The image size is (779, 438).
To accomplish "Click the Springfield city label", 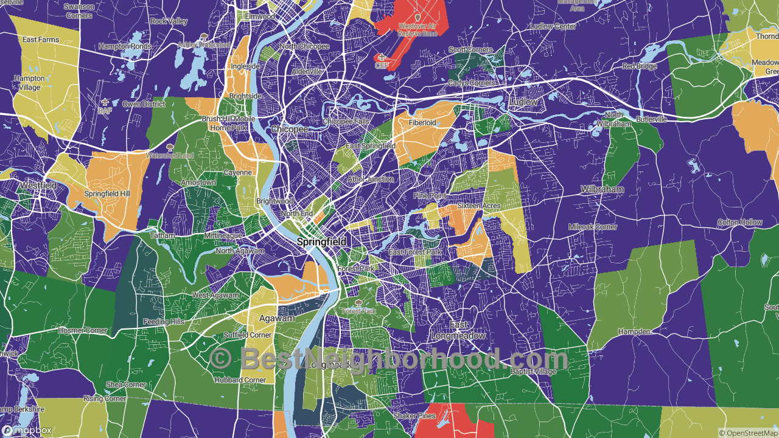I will [x=322, y=242].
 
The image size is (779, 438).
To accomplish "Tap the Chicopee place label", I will [x=290, y=130].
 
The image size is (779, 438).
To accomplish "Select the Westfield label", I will [x=38, y=185].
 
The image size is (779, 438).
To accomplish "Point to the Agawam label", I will [x=277, y=318].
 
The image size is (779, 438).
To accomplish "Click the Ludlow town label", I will [x=524, y=102].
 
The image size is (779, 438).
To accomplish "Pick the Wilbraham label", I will [x=602, y=189].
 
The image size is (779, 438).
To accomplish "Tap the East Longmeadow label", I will [x=458, y=331].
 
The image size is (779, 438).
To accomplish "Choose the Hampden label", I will [x=635, y=332].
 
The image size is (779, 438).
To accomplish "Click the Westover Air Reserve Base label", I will [x=417, y=30].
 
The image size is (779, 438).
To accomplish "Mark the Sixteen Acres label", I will [x=479, y=206].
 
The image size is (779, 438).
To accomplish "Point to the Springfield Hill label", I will [x=107, y=193].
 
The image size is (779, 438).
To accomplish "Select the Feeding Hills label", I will [x=164, y=321].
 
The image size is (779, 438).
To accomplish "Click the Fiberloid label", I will [x=422, y=122].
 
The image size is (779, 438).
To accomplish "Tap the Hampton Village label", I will [x=29, y=83].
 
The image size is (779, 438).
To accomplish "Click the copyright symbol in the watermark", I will [x=220, y=358].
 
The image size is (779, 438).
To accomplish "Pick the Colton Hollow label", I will [x=739, y=222].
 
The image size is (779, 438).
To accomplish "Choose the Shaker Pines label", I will [x=414, y=415].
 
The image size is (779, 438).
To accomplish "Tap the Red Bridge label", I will [x=639, y=66].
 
